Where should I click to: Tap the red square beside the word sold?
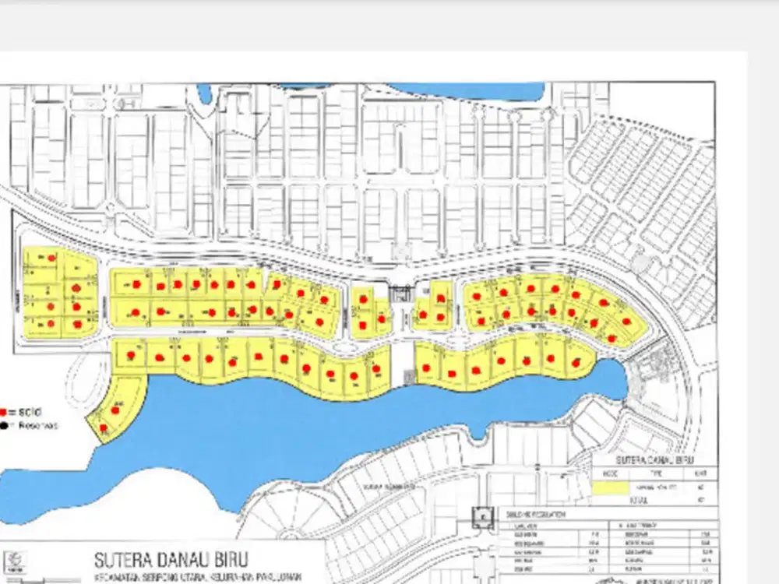click(5, 412)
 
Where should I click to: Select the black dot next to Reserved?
click(5, 425)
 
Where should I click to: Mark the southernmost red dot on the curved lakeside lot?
click(104, 427)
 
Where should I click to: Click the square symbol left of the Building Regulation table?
click(483, 518)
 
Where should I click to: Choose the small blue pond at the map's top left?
click(205, 93)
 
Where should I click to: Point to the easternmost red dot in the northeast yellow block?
click(627, 321)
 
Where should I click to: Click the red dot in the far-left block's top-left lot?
click(51, 258)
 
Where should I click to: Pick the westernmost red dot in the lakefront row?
click(131, 355)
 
